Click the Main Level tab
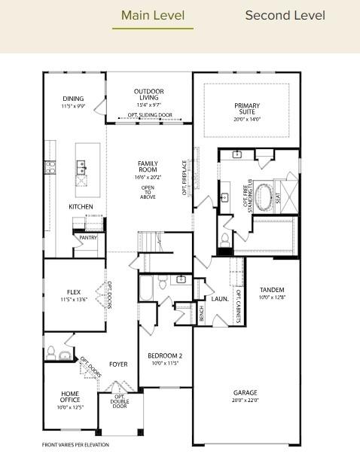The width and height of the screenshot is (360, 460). pyautogui.click(x=152, y=15)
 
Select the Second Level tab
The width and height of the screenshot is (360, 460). pyautogui.click(x=285, y=15)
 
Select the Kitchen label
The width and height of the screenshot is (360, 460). pyautogui.click(x=81, y=206)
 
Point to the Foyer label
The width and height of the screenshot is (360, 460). pyautogui.click(x=118, y=364)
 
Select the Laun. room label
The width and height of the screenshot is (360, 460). pyautogui.click(x=219, y=299)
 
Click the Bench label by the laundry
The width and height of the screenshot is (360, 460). pyautogui.click(x=201, y=313)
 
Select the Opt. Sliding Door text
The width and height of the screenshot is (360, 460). pyautogui.click(x=149, y=115)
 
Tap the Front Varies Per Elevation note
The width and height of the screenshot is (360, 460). pyautogui.click(x=75, y=445)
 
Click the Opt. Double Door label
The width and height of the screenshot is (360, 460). pyautogui.click(x=120, y=401)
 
